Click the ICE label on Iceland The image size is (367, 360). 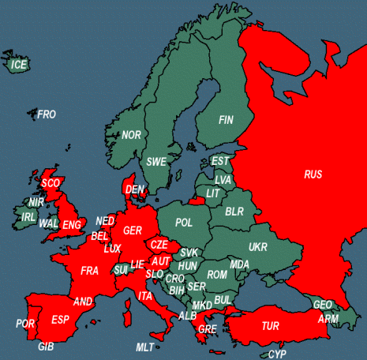19,64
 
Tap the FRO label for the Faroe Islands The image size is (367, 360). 47,114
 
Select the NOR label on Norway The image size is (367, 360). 131,135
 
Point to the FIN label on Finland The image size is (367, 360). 227,121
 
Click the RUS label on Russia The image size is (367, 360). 313,174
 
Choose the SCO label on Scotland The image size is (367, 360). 51,183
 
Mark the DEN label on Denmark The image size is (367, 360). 135,189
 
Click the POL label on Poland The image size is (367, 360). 184,223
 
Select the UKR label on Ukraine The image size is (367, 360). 258,247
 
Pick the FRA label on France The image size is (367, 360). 90,271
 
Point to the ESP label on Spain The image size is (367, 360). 59,319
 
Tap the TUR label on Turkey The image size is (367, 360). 271,325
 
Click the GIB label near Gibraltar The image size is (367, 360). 46,347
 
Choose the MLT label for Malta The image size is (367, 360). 144,347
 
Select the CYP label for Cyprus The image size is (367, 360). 277,354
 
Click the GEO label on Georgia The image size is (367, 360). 322,305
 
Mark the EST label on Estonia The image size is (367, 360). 220,161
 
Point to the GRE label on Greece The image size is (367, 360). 208,328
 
